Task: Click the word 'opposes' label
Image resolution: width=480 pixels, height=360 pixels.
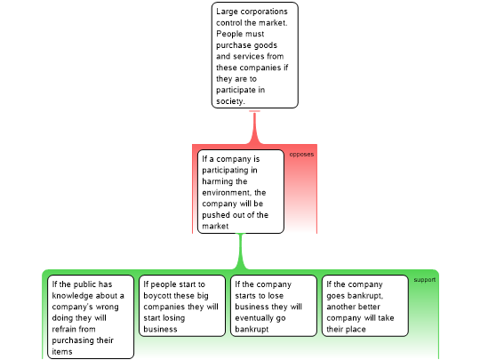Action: coord(301,155)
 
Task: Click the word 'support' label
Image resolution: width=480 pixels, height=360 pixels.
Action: coord(425,280)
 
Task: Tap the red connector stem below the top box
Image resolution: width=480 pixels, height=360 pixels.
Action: coord(254,127)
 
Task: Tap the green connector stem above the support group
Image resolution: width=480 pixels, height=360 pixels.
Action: coord(241,252)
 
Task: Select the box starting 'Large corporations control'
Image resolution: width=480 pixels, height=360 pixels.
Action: coord(255,55)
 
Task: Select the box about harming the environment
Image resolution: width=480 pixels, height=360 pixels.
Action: coord(241,192)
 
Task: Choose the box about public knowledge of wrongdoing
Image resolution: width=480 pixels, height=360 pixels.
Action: coord(91,316)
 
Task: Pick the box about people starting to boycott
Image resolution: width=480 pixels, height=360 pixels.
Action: coord(182,306)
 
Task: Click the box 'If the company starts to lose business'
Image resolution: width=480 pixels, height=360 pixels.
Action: coord(274,306)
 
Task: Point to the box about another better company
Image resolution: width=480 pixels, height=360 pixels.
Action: coord(365,306)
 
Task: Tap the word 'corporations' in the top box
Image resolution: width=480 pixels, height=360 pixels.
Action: coord(264,12)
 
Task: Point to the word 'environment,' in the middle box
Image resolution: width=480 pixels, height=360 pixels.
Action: coord(227,193)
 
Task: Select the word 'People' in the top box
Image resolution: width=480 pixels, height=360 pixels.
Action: coord(228,34)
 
